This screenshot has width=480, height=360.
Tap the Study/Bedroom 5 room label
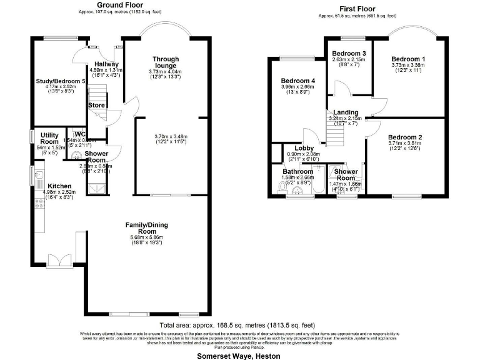(61, 82)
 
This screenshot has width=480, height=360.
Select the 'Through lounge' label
(166, 62)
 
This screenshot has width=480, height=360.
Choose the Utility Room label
(50, 138)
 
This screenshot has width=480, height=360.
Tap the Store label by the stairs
(96, 105)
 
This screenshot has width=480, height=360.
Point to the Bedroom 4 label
(297, 81)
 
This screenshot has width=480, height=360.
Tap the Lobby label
(304, 148)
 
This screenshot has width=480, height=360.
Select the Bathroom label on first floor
(297, 171)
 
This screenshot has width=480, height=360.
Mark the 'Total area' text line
(237, 326)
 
